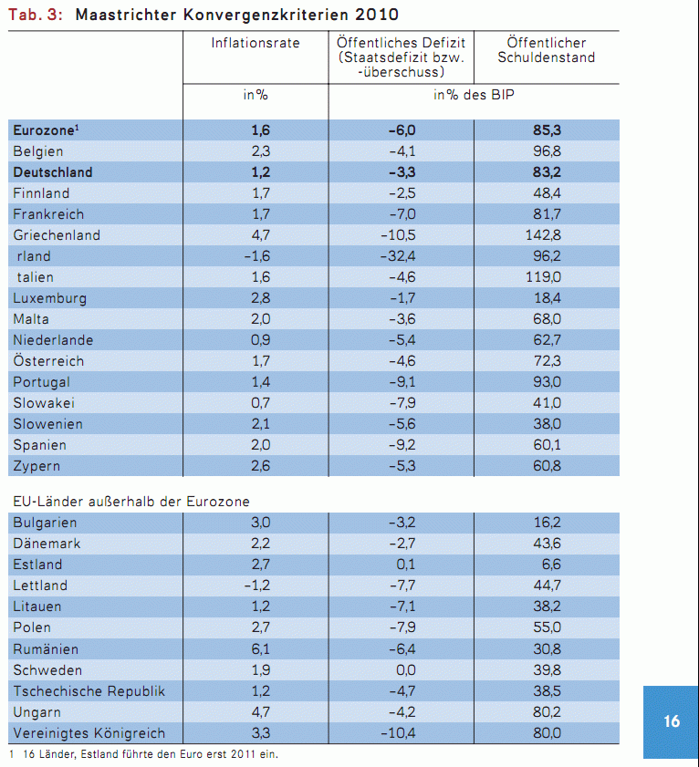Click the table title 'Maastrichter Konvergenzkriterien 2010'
[x=237, y=16]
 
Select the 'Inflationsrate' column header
[x=256, y=43]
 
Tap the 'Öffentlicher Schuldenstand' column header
[x=547, y=50]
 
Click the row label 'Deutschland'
[x=53, y=171]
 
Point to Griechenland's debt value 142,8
[x=546, y=235]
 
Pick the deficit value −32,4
[x=402, y=256]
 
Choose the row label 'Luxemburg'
[x=50, y=298]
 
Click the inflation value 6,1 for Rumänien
[x=260, y=649]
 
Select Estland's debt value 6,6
[x=552, y=565]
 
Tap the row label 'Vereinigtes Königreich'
[x=89, y=733]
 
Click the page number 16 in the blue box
[x=672, y=721]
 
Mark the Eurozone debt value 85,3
[x=547, y=130]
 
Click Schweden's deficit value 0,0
[x=407, y=670]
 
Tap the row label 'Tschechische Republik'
[x=89, y=691]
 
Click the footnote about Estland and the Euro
[x=146, y=754]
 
